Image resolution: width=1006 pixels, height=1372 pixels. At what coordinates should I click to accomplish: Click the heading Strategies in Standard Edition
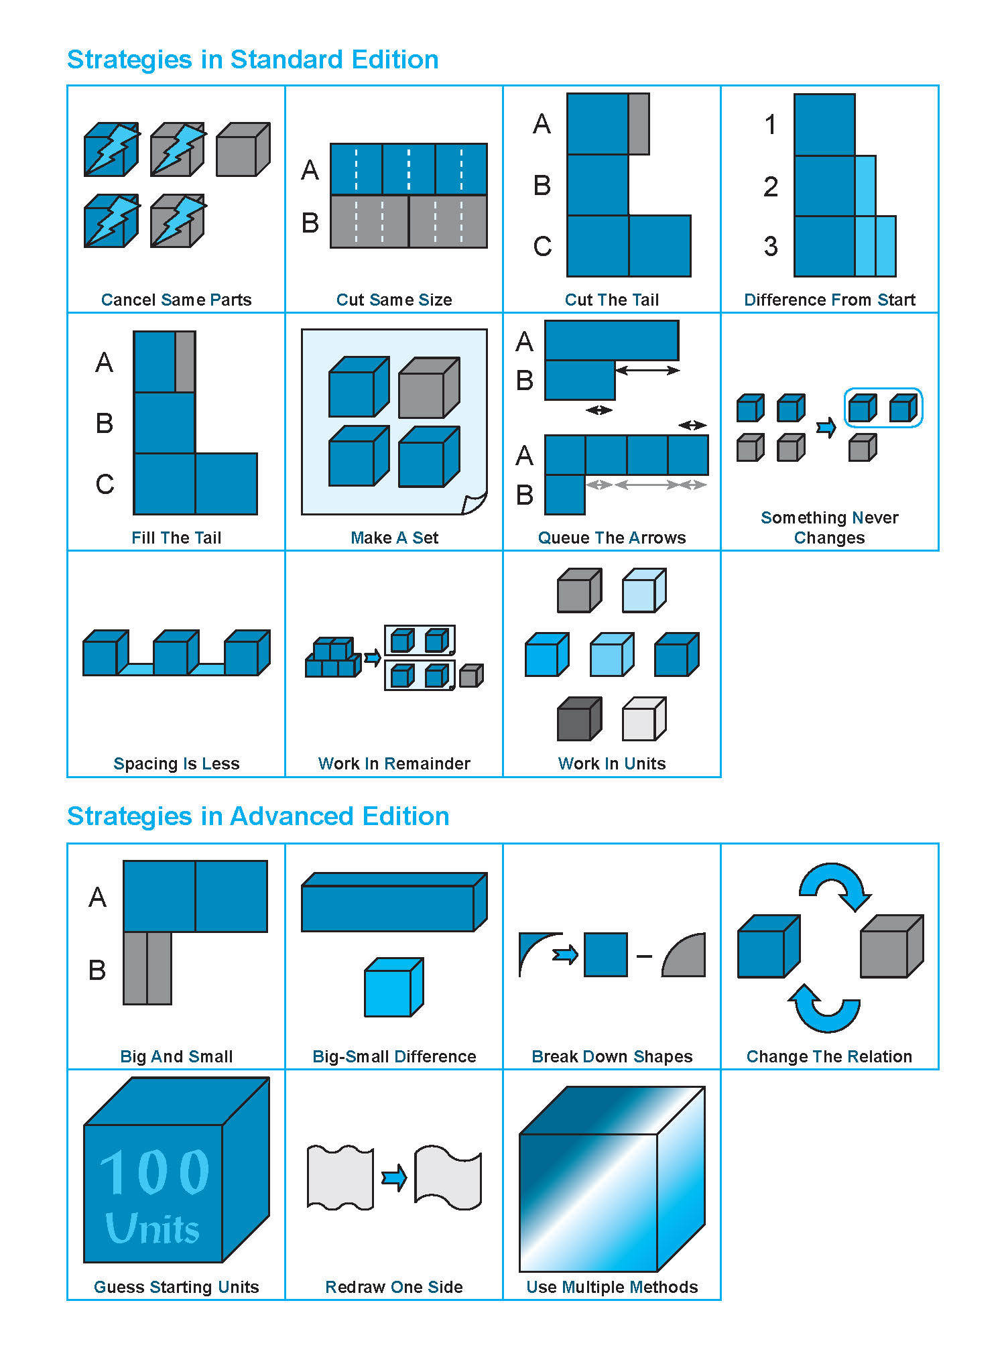[x=253, y=60]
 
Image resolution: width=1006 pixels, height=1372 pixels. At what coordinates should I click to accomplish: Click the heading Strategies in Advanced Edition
[x=258, y=816]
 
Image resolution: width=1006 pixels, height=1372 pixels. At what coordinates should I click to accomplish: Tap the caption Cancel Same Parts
[x=176, y=300]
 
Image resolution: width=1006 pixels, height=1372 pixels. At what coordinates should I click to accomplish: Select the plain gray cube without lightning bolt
[x=243, y=149]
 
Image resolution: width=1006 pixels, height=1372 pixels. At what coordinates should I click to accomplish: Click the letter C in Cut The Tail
[x=542, y=247]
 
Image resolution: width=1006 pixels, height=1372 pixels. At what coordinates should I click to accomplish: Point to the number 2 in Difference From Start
[x=771, y=186]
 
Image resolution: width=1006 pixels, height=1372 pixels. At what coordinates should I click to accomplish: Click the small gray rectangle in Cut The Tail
[x=639, y=124]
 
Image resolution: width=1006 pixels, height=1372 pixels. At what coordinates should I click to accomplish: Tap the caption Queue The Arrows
[x=612, y=538]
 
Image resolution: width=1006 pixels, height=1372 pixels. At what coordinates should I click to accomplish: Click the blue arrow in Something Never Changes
[x=826, y=427]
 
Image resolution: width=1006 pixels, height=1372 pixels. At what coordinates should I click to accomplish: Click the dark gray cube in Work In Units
[x=578, y=719]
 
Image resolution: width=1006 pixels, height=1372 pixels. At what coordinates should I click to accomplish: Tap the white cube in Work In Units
[x=643, y=719]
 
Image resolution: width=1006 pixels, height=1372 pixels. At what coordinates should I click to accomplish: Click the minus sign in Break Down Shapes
[x=644, y=956]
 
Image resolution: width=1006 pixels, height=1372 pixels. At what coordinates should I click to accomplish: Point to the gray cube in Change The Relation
[x=891, y=947]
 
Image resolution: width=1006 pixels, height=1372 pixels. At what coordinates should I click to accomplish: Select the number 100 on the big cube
[x=155, y=1172]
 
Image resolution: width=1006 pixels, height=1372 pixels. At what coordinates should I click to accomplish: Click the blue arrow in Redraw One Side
[x=394, y=1178]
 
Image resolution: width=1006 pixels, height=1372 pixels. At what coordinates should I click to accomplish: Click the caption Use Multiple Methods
[x=612, y=1287]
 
